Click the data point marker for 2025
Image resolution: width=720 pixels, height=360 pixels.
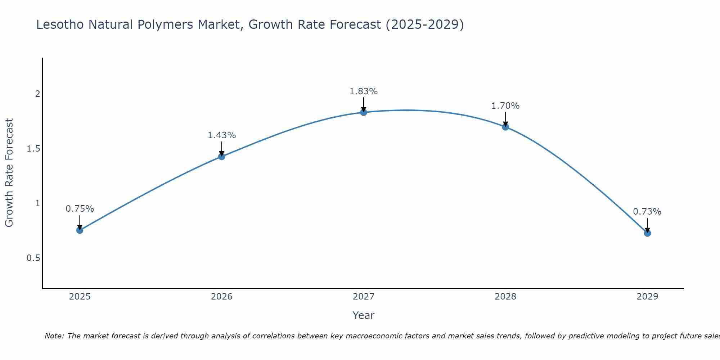pos(80,230)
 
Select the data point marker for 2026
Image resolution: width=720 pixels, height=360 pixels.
pos(221,156)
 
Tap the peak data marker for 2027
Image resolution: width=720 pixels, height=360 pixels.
pos(363,112)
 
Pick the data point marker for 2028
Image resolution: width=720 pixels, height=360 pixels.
pos(505,127)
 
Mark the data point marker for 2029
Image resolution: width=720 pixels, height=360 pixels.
pos(647,233)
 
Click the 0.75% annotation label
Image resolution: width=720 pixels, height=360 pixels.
pos(80,209)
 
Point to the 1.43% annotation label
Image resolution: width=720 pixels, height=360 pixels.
pos(221,135)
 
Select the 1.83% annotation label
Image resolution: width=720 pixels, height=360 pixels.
pos(363,91)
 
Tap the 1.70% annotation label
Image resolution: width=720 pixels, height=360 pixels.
pos(505,106)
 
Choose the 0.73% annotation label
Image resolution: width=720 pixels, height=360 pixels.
pos(647,212)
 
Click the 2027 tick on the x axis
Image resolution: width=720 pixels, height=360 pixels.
pos(363,297)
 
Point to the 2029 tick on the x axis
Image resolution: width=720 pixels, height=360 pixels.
pos(647,297)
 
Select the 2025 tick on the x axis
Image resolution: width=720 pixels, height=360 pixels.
pos(80,297)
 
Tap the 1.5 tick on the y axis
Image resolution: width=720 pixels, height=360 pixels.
pos(33,149)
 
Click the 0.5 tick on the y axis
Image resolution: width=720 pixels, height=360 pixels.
pos(33,258)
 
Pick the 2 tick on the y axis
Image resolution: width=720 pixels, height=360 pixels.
pos(37,94)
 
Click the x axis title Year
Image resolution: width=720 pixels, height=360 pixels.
pos(363,315)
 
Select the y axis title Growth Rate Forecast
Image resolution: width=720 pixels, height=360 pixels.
pos(9,173)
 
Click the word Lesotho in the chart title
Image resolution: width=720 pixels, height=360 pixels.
pos(60,25)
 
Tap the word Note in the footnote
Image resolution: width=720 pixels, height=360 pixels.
pos(54,336)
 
